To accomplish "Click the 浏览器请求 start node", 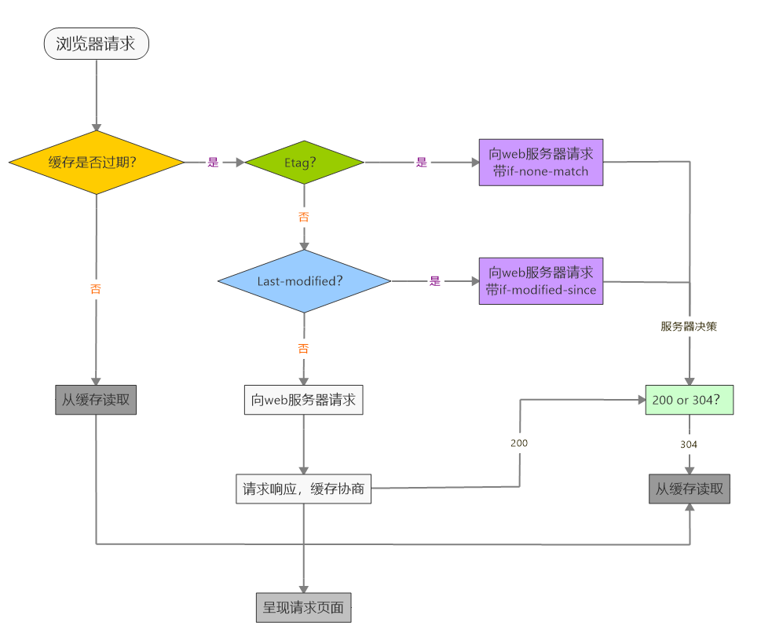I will click(96, 43).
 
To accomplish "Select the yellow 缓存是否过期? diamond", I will click(96, 163).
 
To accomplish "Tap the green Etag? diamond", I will click(304, 163).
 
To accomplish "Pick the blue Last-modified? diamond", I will click(304, 281).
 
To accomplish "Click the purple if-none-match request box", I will click(541, 163).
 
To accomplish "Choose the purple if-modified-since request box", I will click(541, 281).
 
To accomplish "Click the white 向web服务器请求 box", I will click(304, 400).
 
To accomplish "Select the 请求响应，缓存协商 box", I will click(303, 489).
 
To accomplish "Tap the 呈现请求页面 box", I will click(304, 606).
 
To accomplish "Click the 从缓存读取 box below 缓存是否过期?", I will click(96, 400).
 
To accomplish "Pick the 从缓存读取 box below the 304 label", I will click(690, 489).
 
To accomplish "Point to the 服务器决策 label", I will click(689, 327).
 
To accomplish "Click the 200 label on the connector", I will click(519, 443).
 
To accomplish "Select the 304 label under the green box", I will click(689, 445).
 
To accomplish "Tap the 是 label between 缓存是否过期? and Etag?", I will click(213, 163).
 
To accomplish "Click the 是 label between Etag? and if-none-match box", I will click(422, 163).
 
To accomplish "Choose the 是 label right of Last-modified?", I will click(435, 281).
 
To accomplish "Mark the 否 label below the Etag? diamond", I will click(304, 217).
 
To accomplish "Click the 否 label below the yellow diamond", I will click(96, 289).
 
